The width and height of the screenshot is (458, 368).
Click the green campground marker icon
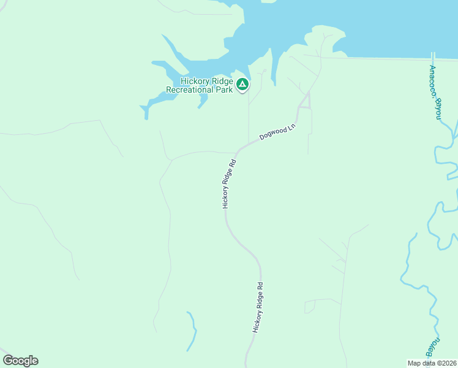[x=242, y=84]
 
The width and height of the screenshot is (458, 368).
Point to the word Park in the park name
[x=225, y=90]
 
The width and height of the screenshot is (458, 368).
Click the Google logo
[x=20, y=361]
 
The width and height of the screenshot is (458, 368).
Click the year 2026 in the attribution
[x=449, y=363]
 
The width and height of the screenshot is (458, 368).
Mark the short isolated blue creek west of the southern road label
[x=193, y=331]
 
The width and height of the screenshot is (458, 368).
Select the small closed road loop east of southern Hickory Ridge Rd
[x=310, y=306]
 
